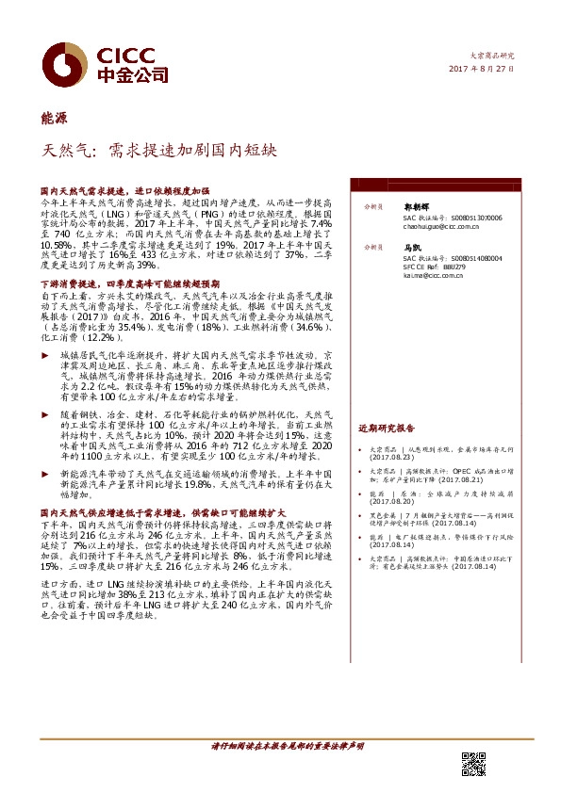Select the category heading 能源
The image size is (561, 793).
(x=54, y=118)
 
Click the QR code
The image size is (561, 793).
(x=474, y=765)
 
